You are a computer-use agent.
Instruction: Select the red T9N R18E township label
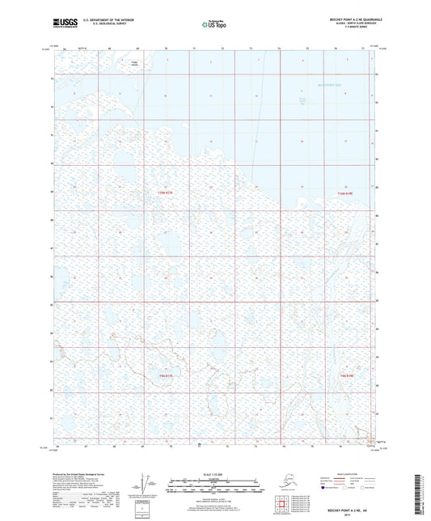tap(347, 376)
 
